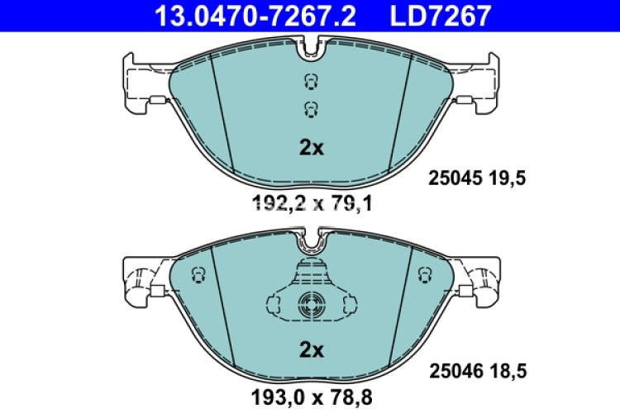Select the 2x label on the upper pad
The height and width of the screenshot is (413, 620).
(311, 149)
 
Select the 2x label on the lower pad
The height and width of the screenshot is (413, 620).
(311, 349)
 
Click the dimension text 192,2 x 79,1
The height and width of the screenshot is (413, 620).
(311, 201)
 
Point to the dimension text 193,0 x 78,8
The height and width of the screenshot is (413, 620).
(311, 396)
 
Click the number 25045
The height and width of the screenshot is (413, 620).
(451, 177)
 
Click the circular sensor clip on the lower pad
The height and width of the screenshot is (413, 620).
(311, 302)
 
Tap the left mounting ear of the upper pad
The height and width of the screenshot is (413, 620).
(141, 83)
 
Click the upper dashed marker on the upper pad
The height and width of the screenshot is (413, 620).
(311, 81)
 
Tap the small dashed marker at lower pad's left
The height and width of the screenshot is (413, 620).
(197, 273)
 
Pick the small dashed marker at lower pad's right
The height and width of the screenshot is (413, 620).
(424, 273)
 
